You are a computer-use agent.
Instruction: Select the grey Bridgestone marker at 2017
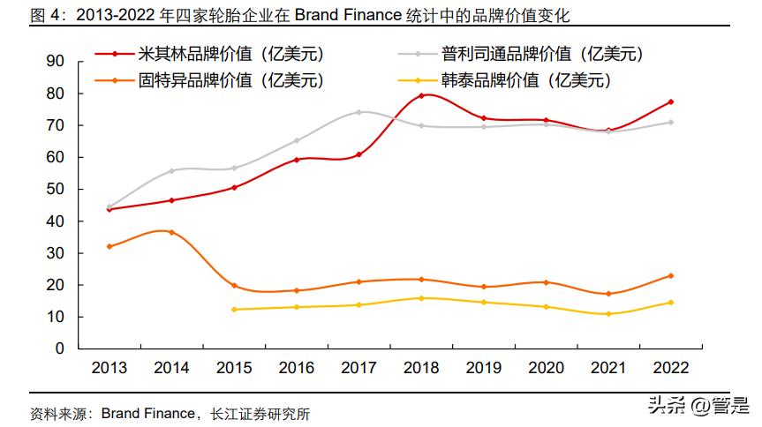[358, 112]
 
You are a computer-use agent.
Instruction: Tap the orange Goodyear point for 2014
[171, 232]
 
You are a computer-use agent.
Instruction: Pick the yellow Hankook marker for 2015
[234, 309]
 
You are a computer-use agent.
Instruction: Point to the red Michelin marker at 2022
[671, 101]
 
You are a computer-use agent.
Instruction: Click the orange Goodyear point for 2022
[671, 276]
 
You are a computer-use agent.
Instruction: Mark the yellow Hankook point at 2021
[608, 314]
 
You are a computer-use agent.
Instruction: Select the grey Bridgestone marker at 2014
[171, 171]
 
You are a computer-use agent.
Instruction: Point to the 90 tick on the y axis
[56, 61]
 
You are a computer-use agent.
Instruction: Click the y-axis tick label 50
[56, 189]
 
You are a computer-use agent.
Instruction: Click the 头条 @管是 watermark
[698, 405]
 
